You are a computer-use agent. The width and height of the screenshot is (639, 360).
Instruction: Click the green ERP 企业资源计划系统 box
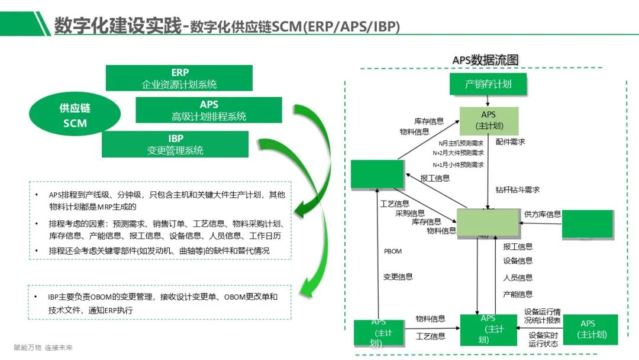pyautogui.click(x=179, y=78)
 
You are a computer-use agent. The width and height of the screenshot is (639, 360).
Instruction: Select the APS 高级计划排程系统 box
pyautogui.click(x=209, y=111)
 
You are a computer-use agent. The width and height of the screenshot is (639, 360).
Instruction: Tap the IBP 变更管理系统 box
pyautogui.click(x=175, y=144)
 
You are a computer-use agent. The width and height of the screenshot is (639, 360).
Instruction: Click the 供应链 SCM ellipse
pyautogui.click(x=75, y=115)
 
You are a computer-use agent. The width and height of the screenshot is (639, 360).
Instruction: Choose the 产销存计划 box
pyautogui.click(x=488, y=84)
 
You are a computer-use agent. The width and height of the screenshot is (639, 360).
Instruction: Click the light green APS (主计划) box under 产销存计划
pyautogui.click(x=489, y=120)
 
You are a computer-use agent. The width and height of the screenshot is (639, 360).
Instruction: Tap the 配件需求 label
pyautogui.click(x=510, y=142)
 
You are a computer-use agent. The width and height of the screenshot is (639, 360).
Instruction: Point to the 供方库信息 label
pyautogui.click(x=543, y=214)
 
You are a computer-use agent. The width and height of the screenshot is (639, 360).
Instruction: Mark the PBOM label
pyautogui.click(x=392, y=251)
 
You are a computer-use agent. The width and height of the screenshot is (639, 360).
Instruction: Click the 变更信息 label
pyautogui.click(x=398, y=277)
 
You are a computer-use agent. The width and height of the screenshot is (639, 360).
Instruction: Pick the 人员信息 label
pyautogui.click(x=518, y=277)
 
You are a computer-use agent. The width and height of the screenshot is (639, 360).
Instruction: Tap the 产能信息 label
pyautogui.click(x=518, y=294)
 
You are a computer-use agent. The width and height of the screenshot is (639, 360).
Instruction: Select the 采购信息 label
pyautogui.click(x=410, y=213)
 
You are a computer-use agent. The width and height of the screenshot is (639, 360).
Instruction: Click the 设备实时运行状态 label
pyautogui.click(x=543, y=339)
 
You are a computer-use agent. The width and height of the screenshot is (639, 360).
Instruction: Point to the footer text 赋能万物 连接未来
pyautogui.click(x=43, y=348)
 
